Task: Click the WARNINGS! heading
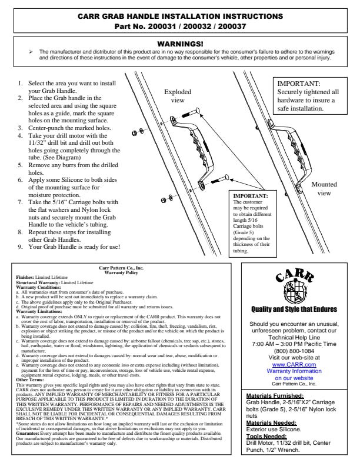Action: pos(180,44)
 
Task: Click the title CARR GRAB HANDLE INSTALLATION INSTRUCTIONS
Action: pos(180,16)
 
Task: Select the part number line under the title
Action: pos(180,26)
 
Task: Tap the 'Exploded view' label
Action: pos(178,96)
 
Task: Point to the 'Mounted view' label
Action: pos(324,188)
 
